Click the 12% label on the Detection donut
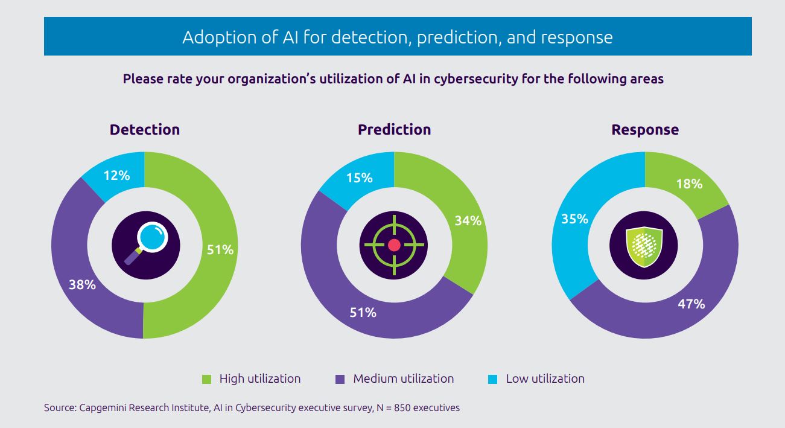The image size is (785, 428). click(116, 176)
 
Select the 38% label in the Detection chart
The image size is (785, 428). click(83, 285)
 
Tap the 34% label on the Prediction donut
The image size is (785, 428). click(468, 221)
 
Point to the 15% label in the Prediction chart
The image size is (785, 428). click(359, 178)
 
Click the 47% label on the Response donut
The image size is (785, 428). click(691, 304)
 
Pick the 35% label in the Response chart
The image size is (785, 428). click(574, 219)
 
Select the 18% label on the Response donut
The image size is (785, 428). click(689, 184)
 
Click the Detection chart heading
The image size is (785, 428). click(145, 130)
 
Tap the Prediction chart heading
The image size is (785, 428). click(394, 130)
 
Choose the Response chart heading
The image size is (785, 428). click(644, 130)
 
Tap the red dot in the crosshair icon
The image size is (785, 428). click(395, 245)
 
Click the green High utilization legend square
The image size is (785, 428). click(207, 380)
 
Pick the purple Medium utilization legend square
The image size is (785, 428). click(340, 380)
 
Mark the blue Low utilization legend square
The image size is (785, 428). click(493, 380)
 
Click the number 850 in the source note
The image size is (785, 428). click(410, 408)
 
